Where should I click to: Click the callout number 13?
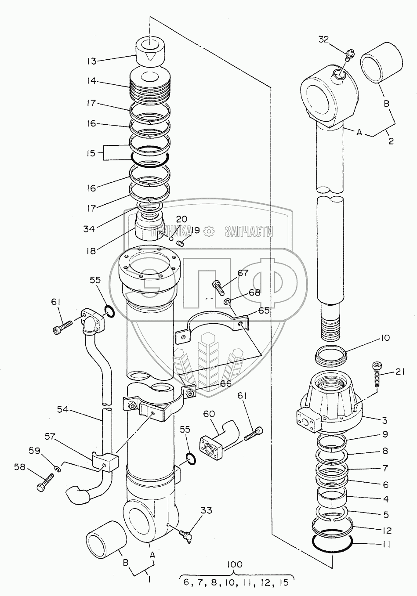coord(91,61)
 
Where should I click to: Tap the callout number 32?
coord(323,40)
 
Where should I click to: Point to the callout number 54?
coord(63,410)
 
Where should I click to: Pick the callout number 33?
coord(206,510)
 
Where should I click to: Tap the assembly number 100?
coord(235,564)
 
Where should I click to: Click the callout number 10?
coord(385,338)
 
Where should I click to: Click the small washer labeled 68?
coord(227,301)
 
